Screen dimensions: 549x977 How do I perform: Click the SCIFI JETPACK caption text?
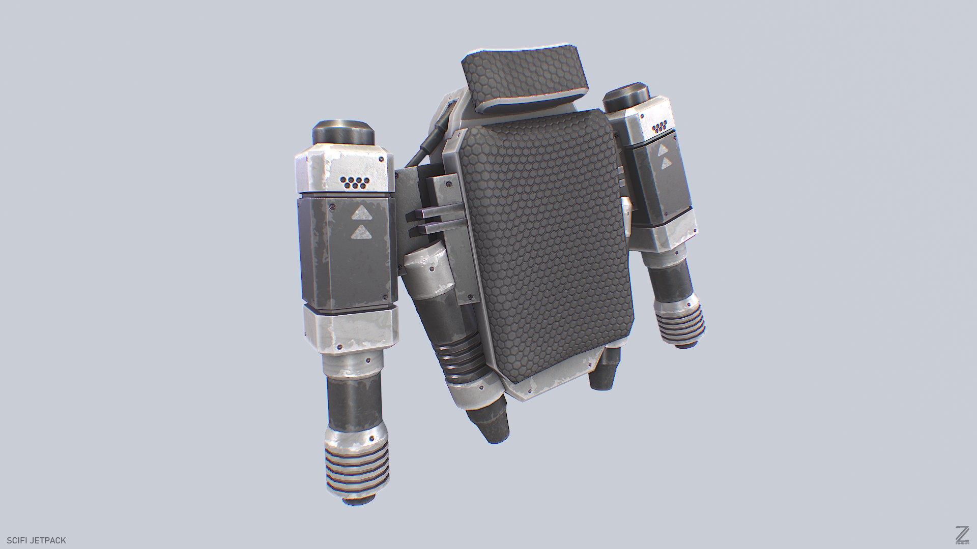37,540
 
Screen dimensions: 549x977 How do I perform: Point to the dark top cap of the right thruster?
626,97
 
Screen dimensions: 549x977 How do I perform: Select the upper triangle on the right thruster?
663,150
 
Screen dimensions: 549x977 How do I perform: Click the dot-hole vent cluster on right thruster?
660,127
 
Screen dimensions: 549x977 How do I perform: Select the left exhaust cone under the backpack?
491,417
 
